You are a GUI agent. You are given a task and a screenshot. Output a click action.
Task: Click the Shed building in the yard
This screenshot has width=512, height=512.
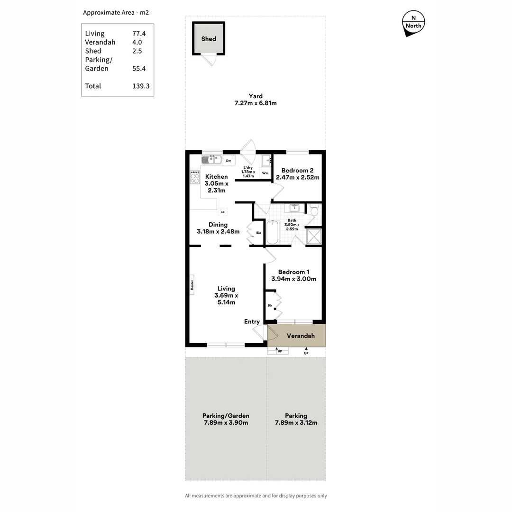coord(209,39)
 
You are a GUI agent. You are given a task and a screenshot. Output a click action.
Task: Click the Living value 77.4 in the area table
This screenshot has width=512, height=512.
coord(139,34)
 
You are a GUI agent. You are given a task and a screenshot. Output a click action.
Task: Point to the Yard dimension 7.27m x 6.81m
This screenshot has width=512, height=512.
coord(256,103)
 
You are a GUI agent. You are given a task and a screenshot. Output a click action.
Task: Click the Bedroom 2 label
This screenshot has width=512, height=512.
coord(297,171)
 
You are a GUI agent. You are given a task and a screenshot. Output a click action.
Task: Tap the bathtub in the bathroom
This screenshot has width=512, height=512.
coord(272,232)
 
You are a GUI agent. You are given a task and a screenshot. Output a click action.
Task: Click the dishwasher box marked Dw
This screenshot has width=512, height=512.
coord(229,161)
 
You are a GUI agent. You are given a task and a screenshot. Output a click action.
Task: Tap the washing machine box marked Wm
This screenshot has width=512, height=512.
coord(265,173)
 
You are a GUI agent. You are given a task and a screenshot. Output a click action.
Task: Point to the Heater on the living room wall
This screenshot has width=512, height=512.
coord(192,284)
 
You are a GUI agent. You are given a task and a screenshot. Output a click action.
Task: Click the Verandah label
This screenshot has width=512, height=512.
coord(301,336)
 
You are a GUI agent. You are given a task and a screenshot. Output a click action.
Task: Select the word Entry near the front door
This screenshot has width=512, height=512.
coord(252,322)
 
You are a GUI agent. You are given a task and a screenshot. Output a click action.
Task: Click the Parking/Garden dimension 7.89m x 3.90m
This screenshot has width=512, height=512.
coord(226,423)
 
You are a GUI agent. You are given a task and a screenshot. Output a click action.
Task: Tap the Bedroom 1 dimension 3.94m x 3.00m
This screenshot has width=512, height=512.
coord(293,279)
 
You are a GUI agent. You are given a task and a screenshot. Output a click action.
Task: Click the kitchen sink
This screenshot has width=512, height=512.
coord(211,160)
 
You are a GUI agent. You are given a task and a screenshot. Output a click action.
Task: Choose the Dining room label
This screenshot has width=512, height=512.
coord(218,225)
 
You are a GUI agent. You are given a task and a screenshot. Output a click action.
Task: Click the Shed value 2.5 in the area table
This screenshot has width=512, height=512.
coord(137,51)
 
